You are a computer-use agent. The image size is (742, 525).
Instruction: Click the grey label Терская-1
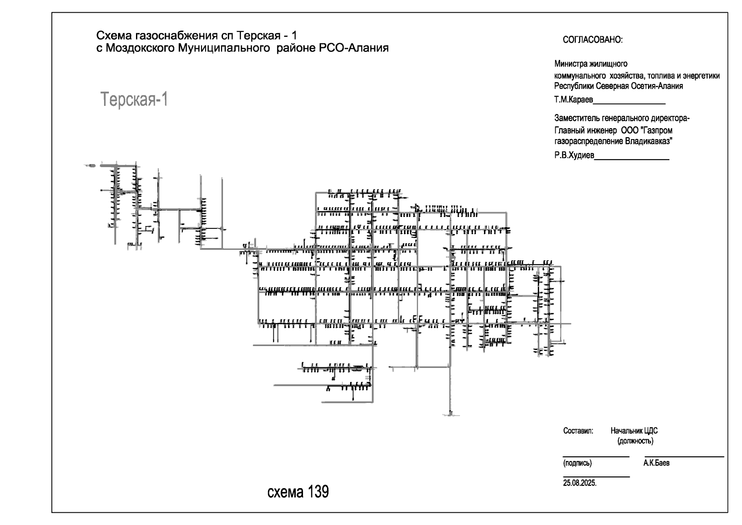pyautogui.click(x=134, y=99)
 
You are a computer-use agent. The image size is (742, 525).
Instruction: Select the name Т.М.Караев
pyautogui.click(x=573, y=99)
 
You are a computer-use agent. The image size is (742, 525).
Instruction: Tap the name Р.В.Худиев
pyautogui.click(x=574, y=155)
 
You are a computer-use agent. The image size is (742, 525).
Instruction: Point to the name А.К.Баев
pyautogui.click(x=656, y=463)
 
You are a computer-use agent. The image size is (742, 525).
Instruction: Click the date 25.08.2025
pyautogui.click(x=580, y=483)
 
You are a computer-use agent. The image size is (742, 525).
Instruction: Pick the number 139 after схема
pyautogui.click(x=318, y=491)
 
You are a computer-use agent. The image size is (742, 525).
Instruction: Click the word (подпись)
pyautogui.click(x=577, y=463)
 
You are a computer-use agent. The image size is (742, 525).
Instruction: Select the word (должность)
pyautogui.click(x=635, y=441)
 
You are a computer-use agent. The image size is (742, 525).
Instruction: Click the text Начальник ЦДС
pyautogui.click(x=634, y=431)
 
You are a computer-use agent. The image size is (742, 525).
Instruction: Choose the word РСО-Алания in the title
pyautogui.click(x=354, y=48)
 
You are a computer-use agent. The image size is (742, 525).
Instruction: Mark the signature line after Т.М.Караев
pyautogui.click(x=629, y=104)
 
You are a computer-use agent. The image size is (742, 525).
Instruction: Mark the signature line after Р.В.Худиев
pyautogui.click(x=632, y=159)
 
